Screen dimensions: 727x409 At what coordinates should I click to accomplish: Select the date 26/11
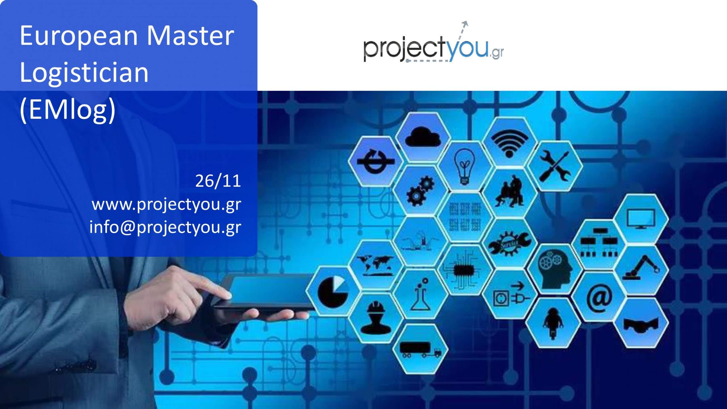(218, 181)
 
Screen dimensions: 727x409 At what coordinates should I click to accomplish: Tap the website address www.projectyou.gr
(166, 204)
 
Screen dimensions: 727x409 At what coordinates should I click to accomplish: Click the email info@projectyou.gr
(165, 228)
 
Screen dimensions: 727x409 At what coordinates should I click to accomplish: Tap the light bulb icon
(465, 166)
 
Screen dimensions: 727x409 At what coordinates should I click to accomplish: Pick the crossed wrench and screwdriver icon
(554, 166)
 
